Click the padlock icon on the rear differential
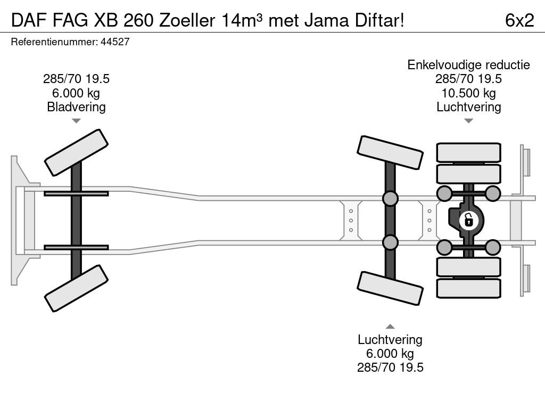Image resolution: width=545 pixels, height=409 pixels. click(x=468, y=219)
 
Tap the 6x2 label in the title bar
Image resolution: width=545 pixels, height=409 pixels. click(x=519, y=20)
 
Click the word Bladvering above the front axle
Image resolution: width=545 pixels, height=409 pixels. click(x=76, y=107)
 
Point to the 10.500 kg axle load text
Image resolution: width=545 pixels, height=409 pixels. click(x=468, y=93)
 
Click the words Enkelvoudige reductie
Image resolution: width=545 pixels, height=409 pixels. click(x=468, y=65)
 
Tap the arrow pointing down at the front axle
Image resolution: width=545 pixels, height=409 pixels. click(x=76, y=121)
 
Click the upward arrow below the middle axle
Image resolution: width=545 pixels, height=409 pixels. click(x=390, y=326)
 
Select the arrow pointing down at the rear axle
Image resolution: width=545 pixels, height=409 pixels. click(x=468, y=121)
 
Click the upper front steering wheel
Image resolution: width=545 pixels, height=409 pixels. click(x=77, y=152)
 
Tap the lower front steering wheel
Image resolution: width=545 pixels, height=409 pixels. click(x=77, y=288)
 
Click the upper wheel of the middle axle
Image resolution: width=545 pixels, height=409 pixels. click(x=390, y=152)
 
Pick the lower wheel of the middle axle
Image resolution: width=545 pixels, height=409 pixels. click(x=390, y=288)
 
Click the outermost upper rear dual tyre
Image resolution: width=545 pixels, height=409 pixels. click(x=468, y=152)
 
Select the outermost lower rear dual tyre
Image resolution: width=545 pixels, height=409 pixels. click(x=468, y=288)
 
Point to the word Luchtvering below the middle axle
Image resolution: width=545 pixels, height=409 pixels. click(x=390, y=340)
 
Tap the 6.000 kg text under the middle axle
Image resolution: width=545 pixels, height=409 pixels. click(x=390, y=354)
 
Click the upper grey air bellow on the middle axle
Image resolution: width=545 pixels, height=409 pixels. click(x=390, y=199)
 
